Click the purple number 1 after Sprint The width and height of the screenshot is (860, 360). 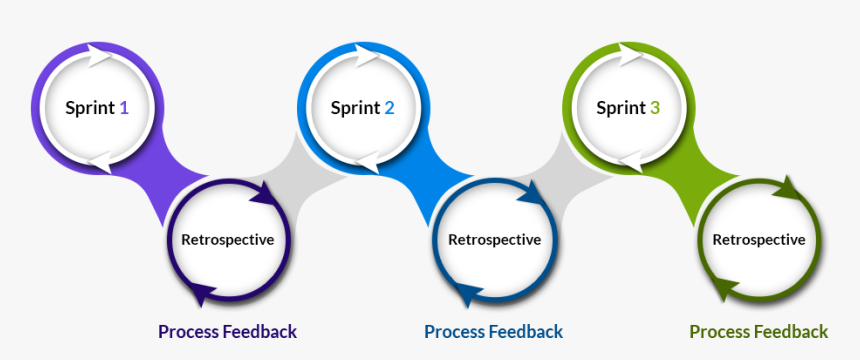tap(124, 108)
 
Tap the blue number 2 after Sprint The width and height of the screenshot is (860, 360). tap(389, 108)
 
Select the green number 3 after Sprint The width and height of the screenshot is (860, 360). tap(654, 108)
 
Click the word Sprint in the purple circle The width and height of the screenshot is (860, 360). tap(90, 108)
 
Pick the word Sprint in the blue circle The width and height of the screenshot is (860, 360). tap(355, 108)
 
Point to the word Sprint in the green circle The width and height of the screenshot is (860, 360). tap(620, 108)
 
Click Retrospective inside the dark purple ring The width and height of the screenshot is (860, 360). tap(227, 240)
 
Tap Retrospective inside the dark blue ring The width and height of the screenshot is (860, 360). tap(494, 240)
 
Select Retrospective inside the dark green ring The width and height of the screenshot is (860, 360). tap(758, 240)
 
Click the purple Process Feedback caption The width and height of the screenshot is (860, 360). tap(227, 331)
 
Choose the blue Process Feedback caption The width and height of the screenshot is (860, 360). tap(493, 331)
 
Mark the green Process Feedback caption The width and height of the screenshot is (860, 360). tap(758, 331)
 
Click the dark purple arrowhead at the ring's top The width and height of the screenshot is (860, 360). tap(262, 193)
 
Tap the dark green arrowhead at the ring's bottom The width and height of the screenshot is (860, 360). tap(728, 292)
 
